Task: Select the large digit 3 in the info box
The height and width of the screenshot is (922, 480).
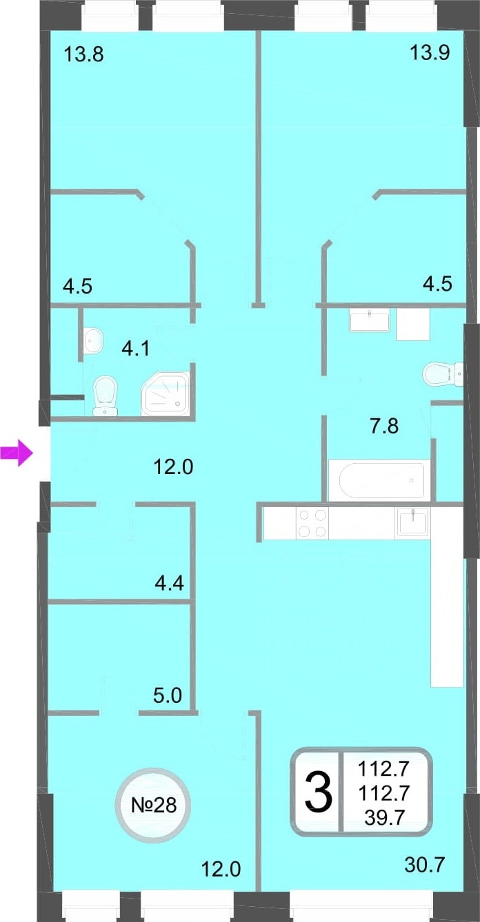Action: [x=319, y=792]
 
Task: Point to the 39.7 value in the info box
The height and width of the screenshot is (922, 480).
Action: [x=384, y=817]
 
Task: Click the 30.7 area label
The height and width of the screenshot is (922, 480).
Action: [x=425, y=865]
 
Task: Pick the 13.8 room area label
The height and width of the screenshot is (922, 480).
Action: [x=83, y=54]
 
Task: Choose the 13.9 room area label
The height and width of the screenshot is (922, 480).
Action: [x=430, y=52]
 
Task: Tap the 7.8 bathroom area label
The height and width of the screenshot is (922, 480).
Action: [x=384, y=426]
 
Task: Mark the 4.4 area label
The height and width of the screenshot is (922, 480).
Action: [x=170, y=583]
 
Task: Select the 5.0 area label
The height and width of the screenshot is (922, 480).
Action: [x=168, y=695]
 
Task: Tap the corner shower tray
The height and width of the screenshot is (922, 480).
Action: [x=166, y=393]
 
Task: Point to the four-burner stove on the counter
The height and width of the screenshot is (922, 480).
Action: [x=312, y=523]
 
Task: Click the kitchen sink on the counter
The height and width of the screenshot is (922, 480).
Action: [x=412, y=523]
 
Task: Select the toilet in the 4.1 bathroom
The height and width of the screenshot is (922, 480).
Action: [x=106, y=396]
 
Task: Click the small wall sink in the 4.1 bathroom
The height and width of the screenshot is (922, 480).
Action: [x=93, y=340]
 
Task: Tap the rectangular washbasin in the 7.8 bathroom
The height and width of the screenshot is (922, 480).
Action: [x=370, y=322]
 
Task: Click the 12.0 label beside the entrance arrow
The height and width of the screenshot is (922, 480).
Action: [x=173, y=467]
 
